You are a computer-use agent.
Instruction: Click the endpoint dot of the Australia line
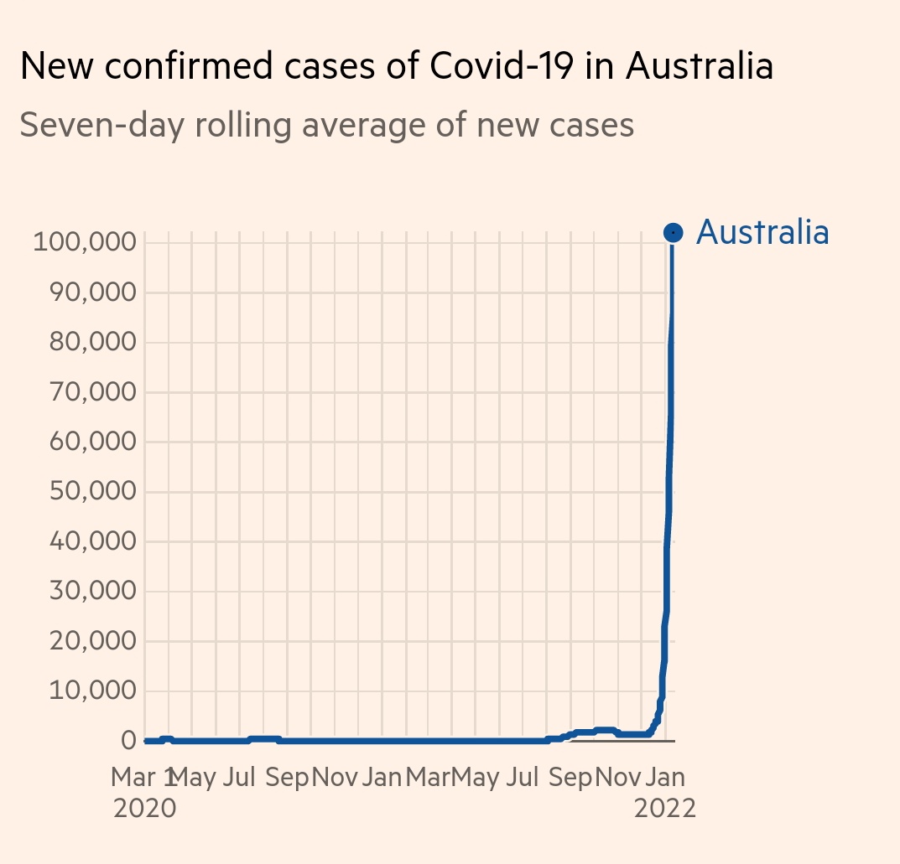(673, 232)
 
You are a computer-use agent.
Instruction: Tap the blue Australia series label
(762, 232)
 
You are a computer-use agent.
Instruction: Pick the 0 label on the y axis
(128, 741)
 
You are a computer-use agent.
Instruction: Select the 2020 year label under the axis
(144, 809)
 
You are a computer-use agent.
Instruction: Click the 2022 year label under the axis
(665, 809)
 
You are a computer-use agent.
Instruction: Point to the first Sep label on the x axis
(287, 777)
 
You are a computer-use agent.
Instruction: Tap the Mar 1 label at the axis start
(143, 777)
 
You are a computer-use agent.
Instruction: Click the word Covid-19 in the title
(492, 66)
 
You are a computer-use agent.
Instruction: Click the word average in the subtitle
(356, 126)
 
